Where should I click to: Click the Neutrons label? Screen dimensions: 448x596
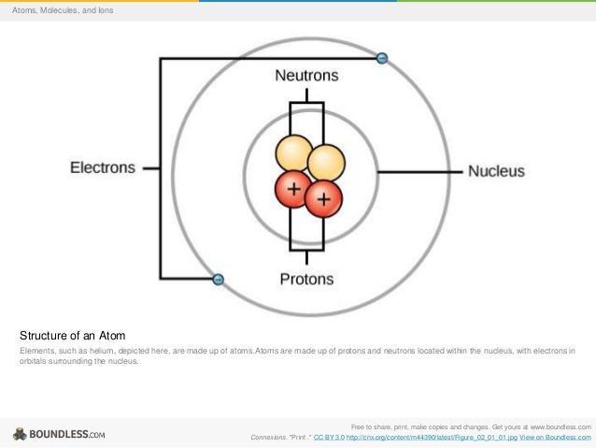pyautogui.click(x=306, y=75)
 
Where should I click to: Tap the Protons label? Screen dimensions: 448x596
pyautogui.click(x=306, y=279)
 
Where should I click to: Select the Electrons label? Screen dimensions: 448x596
pyautogui.click(x=103, y=168)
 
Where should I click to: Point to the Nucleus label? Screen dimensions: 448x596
pyautogui.click(x=496, y=171)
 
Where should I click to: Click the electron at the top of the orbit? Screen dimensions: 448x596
pyautogui.click(x=381, y=58)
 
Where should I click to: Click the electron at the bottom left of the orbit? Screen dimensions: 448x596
pyautogui.click(x=218, y=279)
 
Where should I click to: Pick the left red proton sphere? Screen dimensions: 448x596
pyautogui.click(x=293, y=190)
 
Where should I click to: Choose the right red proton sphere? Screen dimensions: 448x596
pyautogui.click(x=323, y=197)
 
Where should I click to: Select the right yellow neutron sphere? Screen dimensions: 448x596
pyautogui.click(x=327, y=161)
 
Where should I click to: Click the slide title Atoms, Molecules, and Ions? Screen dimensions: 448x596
pyautogui.click(x=63, y=10)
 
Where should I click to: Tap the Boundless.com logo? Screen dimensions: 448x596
pyautogui.click(x=59, y=434)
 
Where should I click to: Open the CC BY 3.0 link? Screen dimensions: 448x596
pyautogui.click(x=329, y=437)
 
